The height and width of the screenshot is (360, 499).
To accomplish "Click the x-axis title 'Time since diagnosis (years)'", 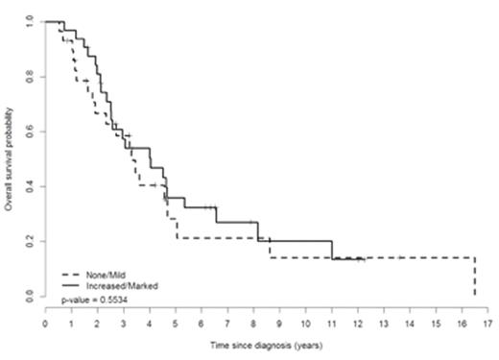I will (x=266, y=341).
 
